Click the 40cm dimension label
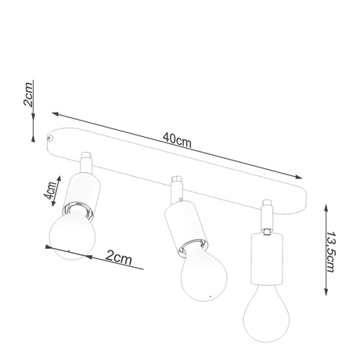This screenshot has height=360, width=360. point(178,139)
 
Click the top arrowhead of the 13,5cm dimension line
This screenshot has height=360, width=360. point(325,207)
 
